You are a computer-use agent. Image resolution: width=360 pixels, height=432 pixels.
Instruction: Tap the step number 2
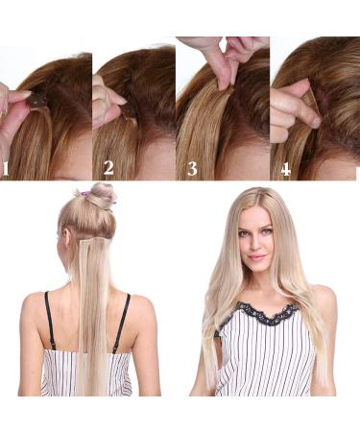tap(108, 169)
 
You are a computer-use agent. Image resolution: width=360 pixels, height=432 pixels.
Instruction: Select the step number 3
tap(192, 169)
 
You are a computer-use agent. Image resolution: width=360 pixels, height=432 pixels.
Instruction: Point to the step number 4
tap(285, 169)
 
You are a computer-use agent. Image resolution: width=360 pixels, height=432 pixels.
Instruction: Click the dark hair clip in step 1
tap(36, 99)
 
